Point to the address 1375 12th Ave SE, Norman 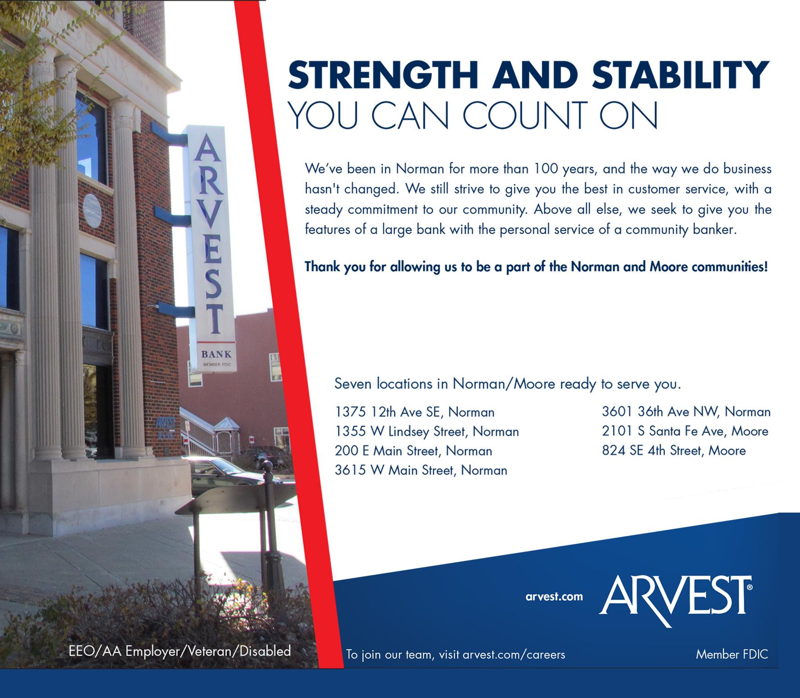point(414,412)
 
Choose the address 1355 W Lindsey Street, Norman point(427,432)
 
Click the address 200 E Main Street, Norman point(413,451)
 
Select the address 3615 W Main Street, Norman point(421,470)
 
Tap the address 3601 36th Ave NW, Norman point(686,412)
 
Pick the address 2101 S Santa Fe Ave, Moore point(685,431)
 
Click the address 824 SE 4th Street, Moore point(674,450)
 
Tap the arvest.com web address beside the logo point(554,597)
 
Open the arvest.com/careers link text point(514,654)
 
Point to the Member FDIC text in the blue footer point(732,654)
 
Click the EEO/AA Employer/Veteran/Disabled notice point(179,651)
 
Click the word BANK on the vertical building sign point(216,354)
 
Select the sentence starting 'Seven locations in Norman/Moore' point(507,384)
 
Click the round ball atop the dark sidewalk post point(268,465)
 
